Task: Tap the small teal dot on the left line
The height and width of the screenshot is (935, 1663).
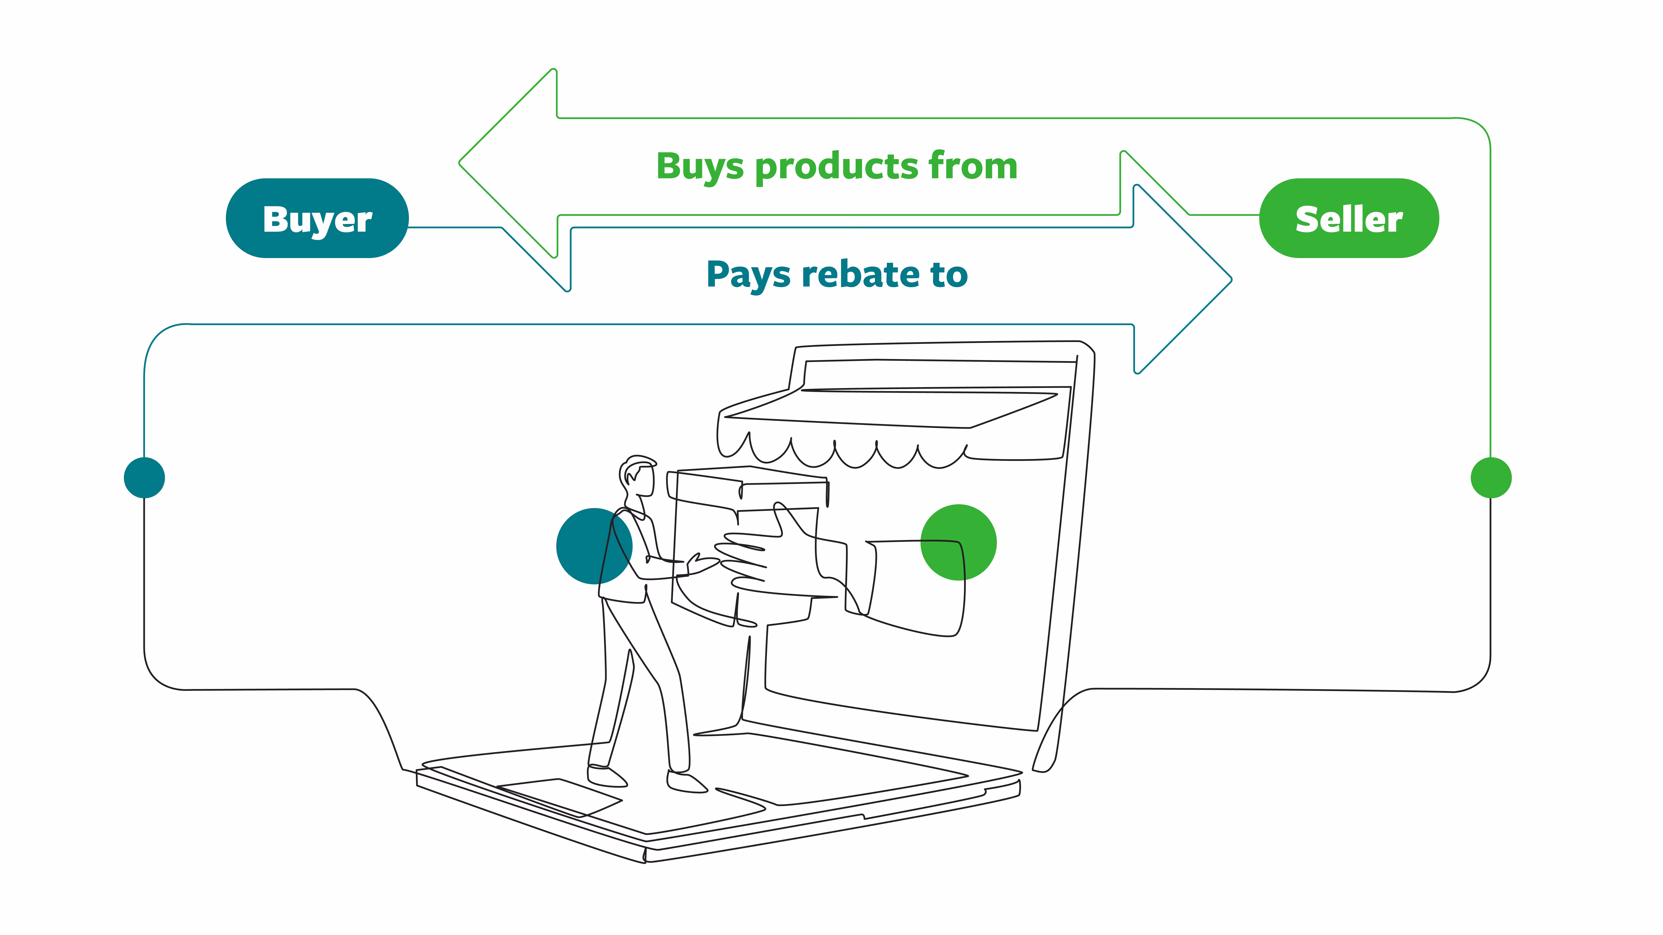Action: pyautogui.click(x=144, y=477)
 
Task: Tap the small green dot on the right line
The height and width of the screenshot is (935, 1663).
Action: pyautogui.click(x=1491, y=477)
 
